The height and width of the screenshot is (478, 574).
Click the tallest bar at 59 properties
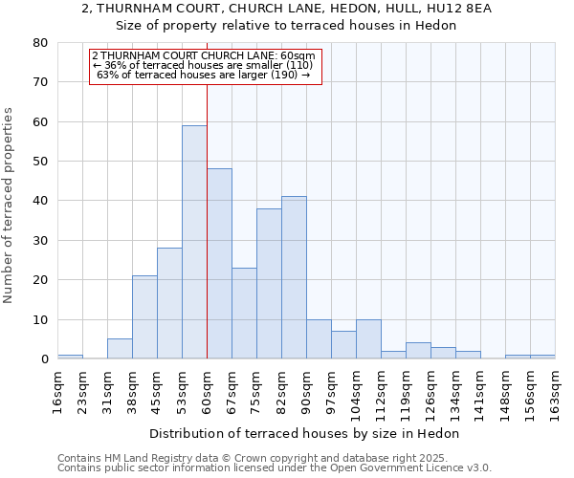pyautogui.click(x=194, y=242)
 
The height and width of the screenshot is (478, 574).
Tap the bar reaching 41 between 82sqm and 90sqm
pyautogui.click(x=294, y=277)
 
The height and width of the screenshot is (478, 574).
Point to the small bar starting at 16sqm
pyautogui.click(x=70, y=357)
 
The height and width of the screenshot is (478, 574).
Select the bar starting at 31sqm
pyautogui.click(x=120, y=349)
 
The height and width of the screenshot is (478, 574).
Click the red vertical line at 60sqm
pyautogui.click(x=207, y=191)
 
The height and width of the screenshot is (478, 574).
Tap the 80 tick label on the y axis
pyautogui.click(x=39, y=43)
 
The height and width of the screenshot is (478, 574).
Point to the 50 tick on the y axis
pyautogui.click(x=39, y=162)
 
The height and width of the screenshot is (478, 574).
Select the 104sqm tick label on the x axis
pyautogui.click(x=356, y=391)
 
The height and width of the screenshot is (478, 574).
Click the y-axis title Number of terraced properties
pyautogui.click(x=10, y=205)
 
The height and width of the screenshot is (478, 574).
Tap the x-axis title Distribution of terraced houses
pyautogui.click(x=306, y=433)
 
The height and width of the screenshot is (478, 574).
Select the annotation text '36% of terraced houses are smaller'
pyautogui.click(x=203, y=65)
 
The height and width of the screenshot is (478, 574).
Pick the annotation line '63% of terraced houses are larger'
pyautogui.click(x=203, y=75)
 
